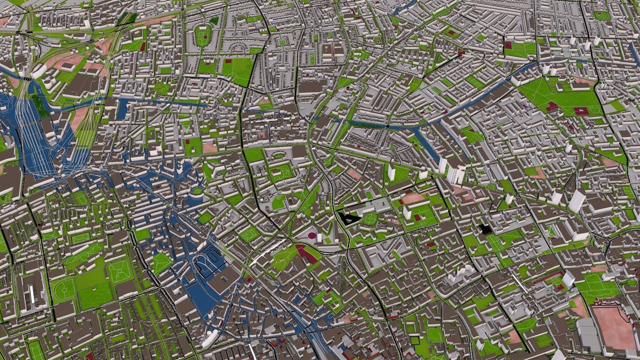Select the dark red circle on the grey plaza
click(312, 236)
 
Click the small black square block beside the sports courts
click(484, 229)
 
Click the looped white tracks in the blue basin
click(205, 265)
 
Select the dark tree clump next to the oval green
click(214, 21)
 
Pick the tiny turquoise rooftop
click(349, 88)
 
